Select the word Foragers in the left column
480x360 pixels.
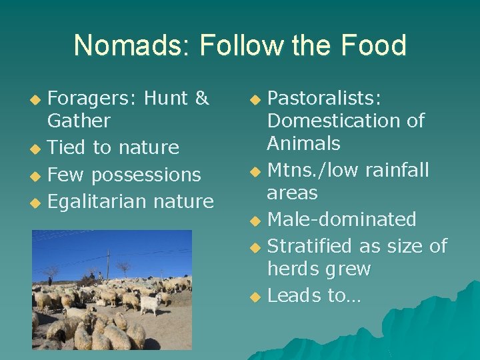91,99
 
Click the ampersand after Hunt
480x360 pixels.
201,99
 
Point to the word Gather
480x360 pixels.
79,121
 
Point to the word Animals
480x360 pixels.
303,143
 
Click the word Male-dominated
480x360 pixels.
341,219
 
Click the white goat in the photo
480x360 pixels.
149,304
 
